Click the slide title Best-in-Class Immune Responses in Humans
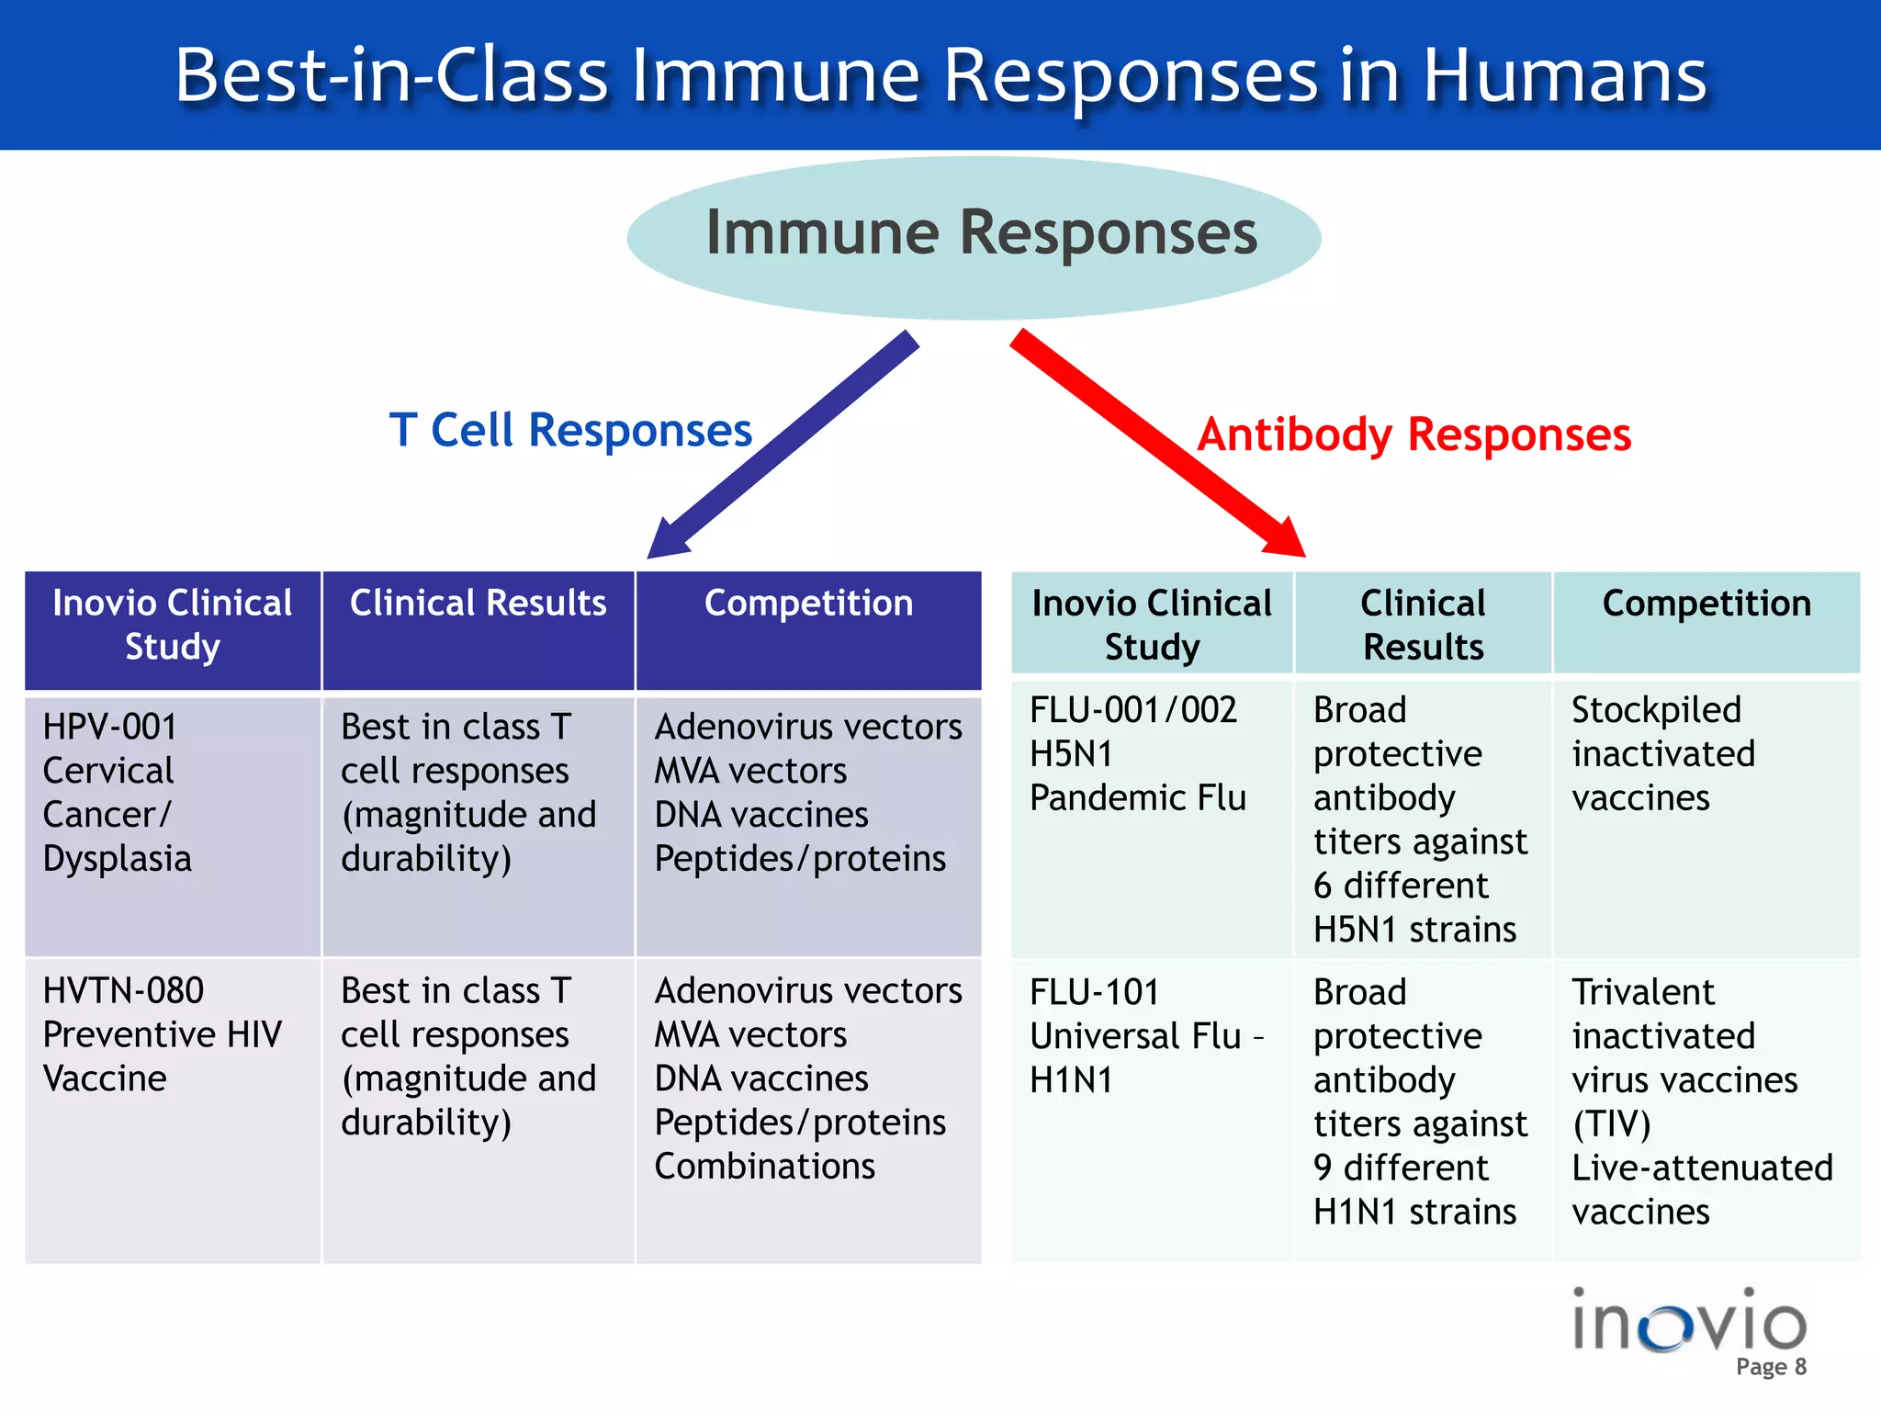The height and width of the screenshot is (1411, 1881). click(940, 75)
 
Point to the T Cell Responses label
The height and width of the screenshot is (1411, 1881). click(570, 431)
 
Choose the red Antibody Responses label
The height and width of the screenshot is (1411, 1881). click(1414, 435)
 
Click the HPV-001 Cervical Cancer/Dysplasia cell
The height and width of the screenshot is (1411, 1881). click(118, 792)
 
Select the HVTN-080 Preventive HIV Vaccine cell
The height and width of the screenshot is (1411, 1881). click(162, 1034)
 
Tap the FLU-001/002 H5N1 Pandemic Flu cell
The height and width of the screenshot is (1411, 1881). click(1137, 753)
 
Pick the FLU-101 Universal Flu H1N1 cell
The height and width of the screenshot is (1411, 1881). click(1146, 1036)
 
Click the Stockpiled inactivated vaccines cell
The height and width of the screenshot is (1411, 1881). click(1662, 753)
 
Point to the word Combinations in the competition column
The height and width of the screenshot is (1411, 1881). click(764, 1167)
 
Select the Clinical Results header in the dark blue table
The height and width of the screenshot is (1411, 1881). click(478, 604)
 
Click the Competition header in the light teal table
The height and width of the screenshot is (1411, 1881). click(1706, 604)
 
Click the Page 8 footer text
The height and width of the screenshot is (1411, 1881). click(1771, 1367)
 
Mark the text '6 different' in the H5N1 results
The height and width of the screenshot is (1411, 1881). click(1400, 886)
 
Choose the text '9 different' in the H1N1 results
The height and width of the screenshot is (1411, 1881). click(1400, 1168)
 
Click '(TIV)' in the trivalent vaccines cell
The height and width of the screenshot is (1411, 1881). click(1611, 1124)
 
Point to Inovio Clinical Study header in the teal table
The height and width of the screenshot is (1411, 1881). click(1152, 625)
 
